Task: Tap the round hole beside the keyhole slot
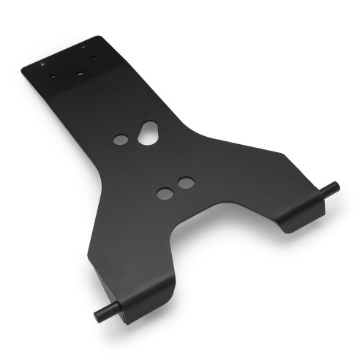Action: point(121,139)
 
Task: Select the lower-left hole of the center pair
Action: point(165,193)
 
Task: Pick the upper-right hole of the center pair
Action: point(186,181)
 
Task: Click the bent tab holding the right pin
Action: point(301,214)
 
